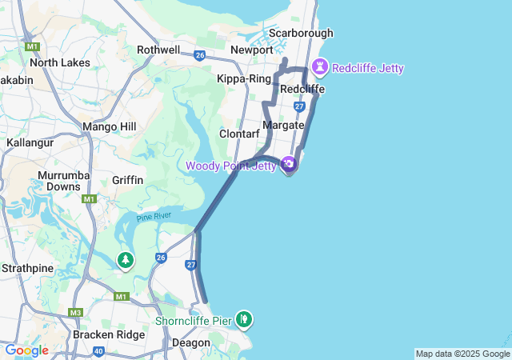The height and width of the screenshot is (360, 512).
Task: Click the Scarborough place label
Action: point(301,33)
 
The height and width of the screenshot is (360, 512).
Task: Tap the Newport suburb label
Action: point(251,50)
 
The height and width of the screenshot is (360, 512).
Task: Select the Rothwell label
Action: point(158,50)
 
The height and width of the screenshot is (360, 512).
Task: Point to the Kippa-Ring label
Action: point(244,78)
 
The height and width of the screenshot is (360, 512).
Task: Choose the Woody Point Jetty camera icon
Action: point(289,165)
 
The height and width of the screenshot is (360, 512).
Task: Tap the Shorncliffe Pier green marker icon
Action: point(244,320)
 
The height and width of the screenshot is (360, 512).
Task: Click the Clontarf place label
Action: point(238,134)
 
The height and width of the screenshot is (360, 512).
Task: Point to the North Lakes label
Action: point(60,62)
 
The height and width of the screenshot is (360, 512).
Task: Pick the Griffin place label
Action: point(128,180)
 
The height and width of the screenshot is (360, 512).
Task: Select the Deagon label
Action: point(191,342)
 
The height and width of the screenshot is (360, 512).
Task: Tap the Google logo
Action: point(26,350)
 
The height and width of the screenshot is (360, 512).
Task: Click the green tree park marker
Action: point(126,260)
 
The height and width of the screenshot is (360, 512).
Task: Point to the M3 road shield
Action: point(76,312)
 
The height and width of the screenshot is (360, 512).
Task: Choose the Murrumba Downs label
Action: point(63,181)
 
